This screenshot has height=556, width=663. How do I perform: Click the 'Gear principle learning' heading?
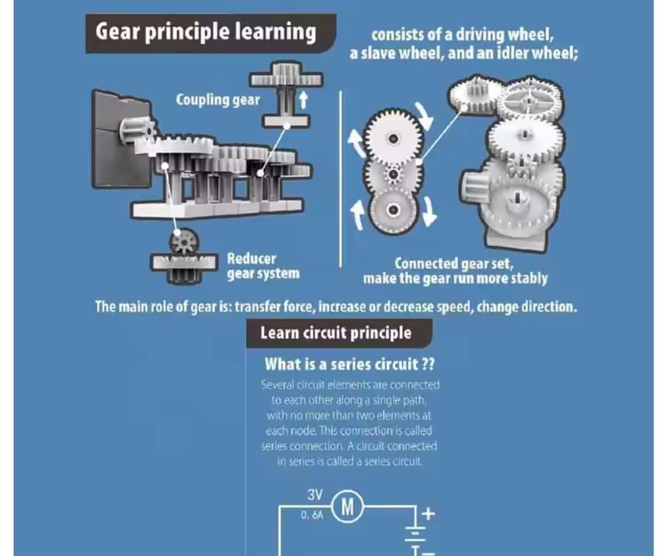[x=206, y=32]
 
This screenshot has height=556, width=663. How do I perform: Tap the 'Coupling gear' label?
[x=217, y=100]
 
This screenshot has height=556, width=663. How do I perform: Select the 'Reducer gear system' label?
[x=263, y=266]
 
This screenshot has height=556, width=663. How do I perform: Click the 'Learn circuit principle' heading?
[x=336, y=333]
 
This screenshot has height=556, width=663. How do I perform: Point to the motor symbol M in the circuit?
[x=348, y=506]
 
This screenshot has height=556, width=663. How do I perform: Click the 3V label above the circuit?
[x=315, y=495]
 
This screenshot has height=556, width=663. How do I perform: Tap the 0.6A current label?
[x=311, y=515]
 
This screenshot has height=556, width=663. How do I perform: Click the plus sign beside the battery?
[x=428, y=513]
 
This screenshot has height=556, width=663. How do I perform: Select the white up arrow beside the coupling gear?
[x=303, y=100]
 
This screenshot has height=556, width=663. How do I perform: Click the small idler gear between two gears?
[x=393, y=174]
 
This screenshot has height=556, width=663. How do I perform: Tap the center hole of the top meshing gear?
[x=393, y=138]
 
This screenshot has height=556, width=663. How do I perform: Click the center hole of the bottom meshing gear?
[x=394, y=210]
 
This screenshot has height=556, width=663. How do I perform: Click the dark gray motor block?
[x=120, y=139]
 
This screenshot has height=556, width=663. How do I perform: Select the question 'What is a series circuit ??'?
[x=349, y=364]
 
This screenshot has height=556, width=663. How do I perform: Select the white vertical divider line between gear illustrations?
[x=340, y=179]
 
